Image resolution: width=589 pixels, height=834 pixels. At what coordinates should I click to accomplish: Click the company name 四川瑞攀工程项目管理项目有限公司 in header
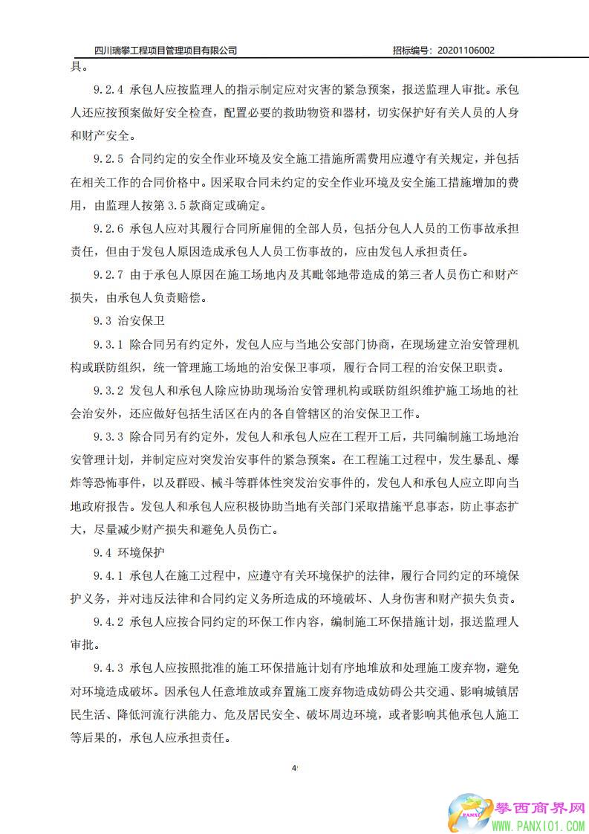[166, 51]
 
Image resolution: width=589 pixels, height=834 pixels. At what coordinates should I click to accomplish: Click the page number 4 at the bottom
[294, 766]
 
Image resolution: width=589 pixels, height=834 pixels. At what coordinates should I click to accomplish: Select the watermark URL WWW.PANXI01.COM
[539, 826]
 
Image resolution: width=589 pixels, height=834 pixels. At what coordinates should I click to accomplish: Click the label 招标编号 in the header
[411, 51]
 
